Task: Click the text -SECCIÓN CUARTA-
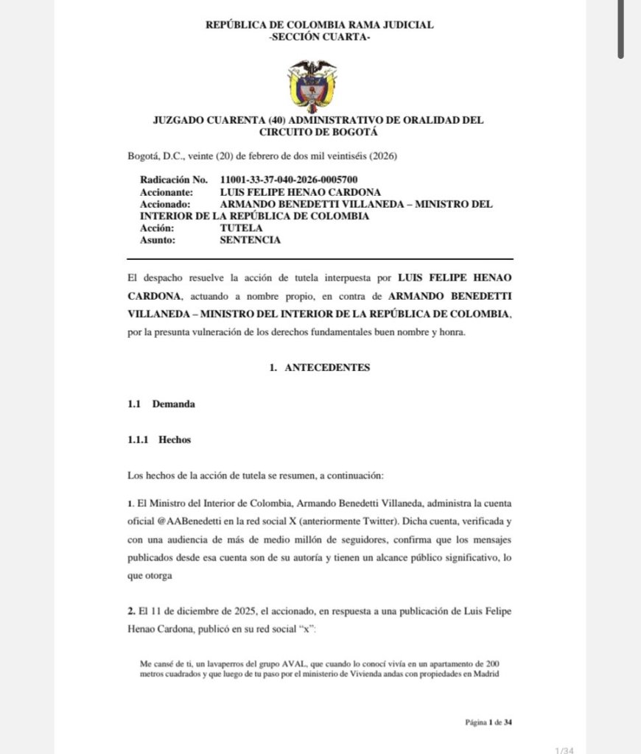(320, 36)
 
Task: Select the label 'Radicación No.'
(175, 180)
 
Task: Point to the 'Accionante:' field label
(167, 191)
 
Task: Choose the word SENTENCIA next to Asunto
(251, 240)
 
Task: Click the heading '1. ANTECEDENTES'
(320, 367)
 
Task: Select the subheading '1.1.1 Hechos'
(159, 440)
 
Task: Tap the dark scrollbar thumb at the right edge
(621, 29)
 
